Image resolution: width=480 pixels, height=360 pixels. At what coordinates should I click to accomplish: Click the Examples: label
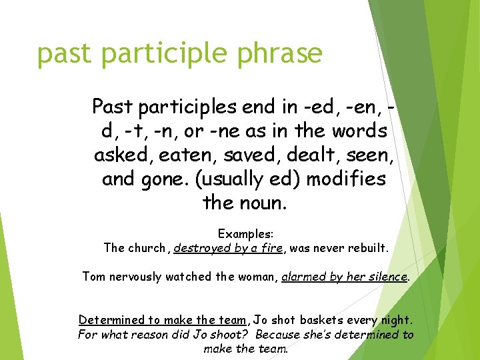[245, 235]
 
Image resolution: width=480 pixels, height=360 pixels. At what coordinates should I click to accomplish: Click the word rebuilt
[365, 248]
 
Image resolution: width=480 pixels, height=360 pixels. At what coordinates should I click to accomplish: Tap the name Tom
[93, 276]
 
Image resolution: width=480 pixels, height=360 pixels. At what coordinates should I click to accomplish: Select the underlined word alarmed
[303, 276]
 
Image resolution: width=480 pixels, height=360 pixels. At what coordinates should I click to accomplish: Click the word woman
[255, 276]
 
